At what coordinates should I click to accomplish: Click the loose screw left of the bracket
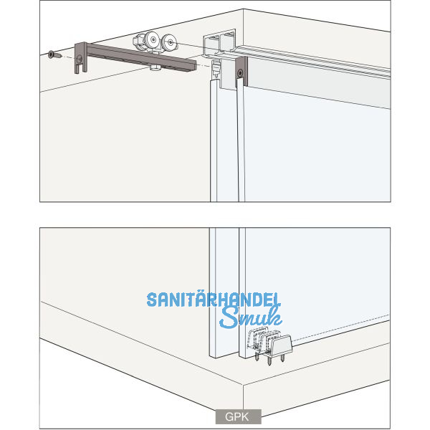pos(54,55)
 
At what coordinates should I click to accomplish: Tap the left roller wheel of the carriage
pos(153,40)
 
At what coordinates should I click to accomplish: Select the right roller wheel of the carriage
pos(170,42)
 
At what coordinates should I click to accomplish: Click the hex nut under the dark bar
pos(156,67)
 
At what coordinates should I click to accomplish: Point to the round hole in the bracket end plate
pos(80,59)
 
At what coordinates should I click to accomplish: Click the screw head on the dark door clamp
pos(241,73)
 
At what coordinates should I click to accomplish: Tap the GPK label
pos(238,416)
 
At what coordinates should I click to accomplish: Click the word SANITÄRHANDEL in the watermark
pos(214,300)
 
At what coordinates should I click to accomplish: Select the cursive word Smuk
pos(250,317)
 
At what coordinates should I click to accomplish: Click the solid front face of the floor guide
pos(282,345)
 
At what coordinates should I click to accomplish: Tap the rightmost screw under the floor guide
pos(282,358)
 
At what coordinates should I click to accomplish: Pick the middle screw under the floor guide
pos(269,360)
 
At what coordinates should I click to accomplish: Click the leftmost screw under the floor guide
pos(257,356)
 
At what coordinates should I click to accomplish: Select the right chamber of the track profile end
pos(227,43)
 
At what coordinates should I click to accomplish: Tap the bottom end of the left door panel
pos(224,357)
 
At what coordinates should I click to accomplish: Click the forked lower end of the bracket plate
pos(80,69)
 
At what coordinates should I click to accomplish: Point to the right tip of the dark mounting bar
pos(195,65)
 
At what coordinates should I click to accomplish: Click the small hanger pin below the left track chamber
pos(216,70)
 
